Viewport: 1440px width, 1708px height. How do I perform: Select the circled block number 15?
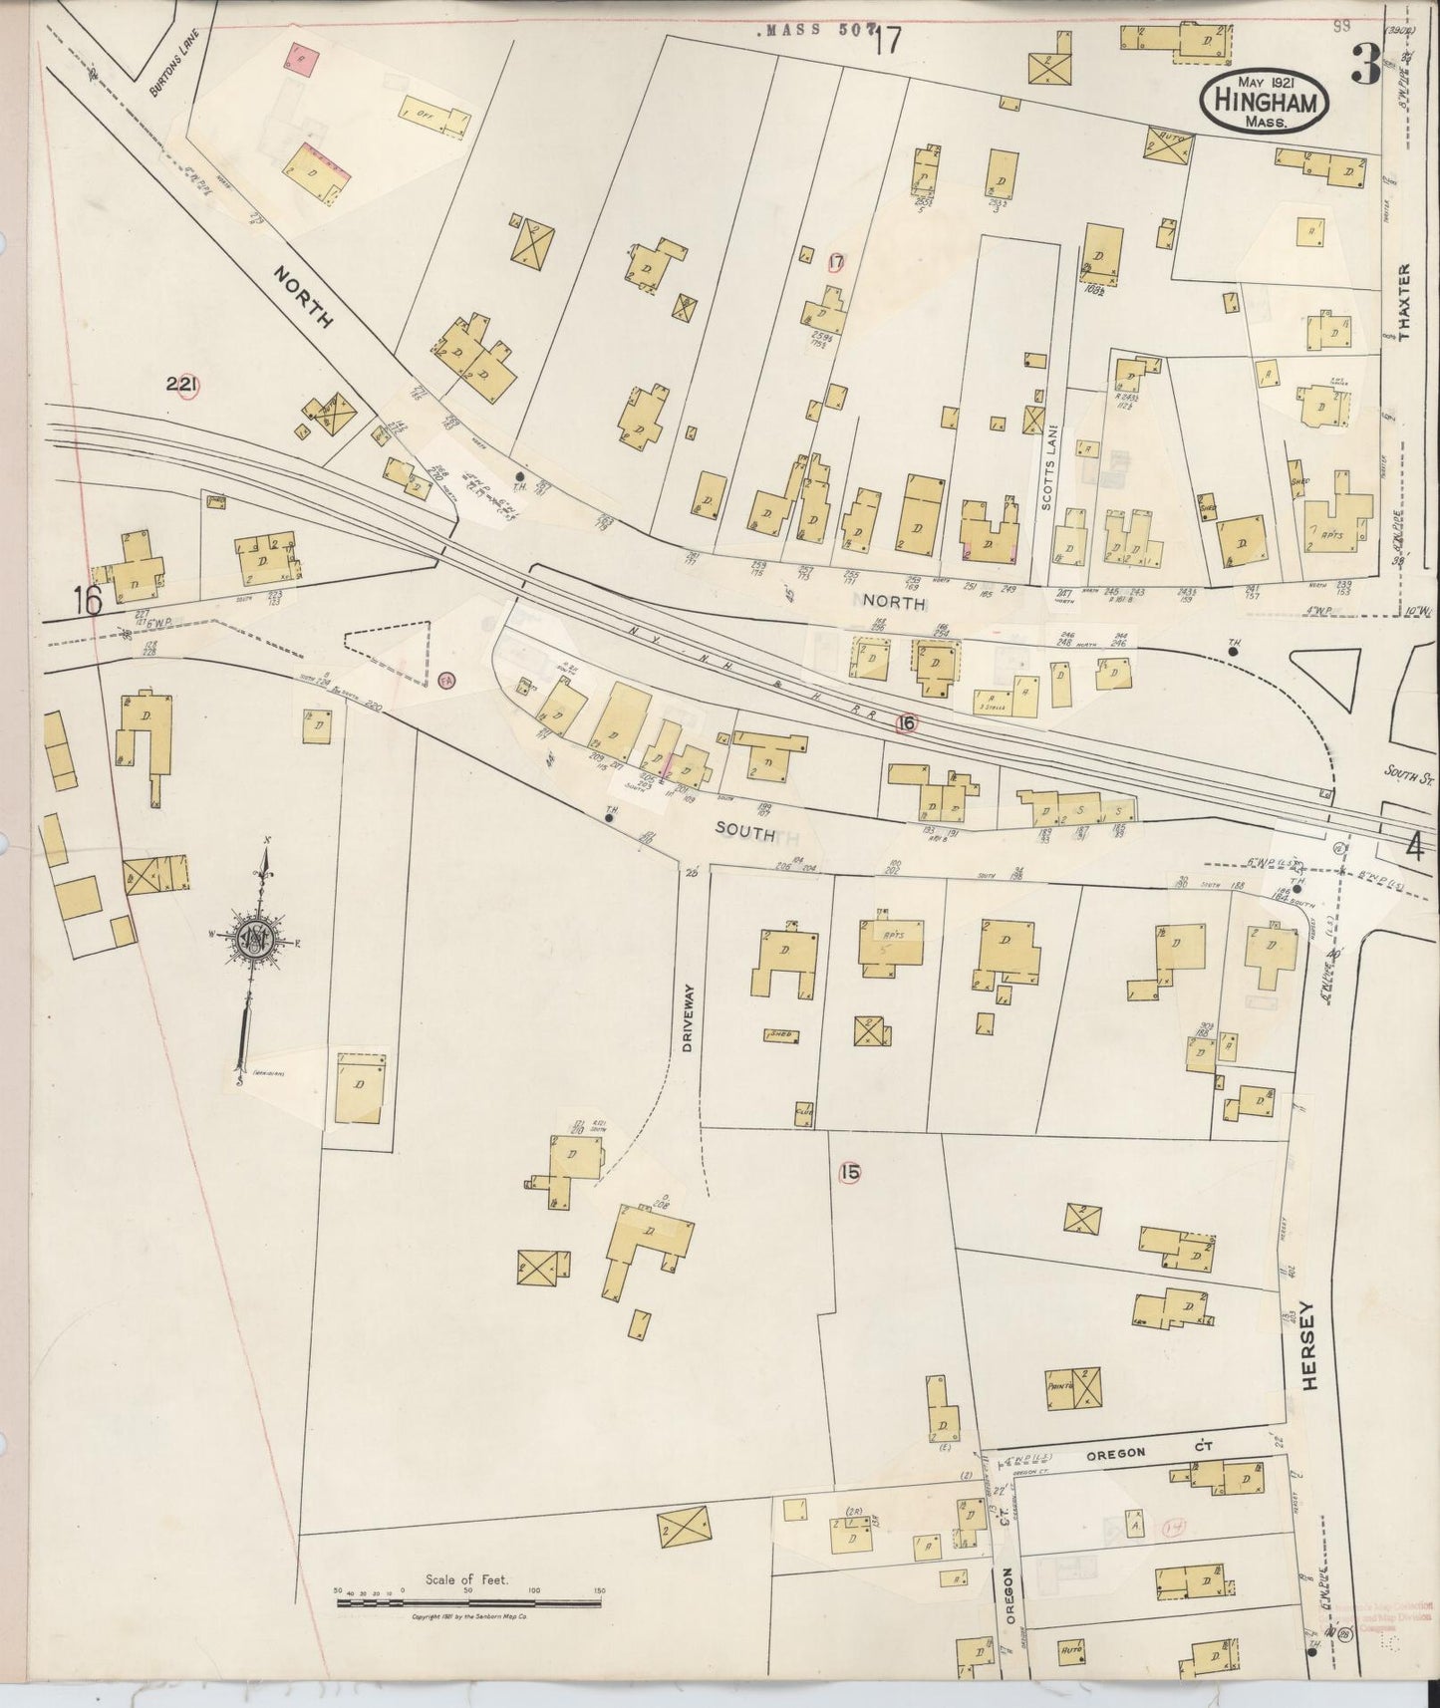(x=849, y=1173)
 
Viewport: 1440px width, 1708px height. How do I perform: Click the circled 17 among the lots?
(x=836, y=262)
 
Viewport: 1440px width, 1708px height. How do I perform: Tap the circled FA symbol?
(x=446, y=682)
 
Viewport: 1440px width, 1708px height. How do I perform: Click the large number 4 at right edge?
(x=1413, y=848)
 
